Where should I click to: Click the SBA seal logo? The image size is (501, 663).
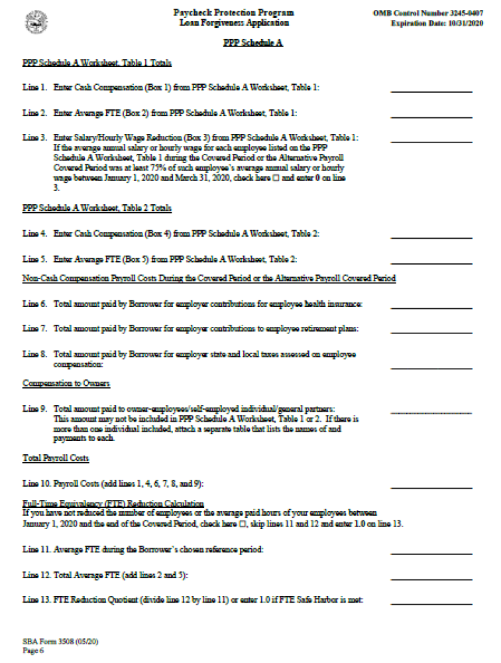[36, 23]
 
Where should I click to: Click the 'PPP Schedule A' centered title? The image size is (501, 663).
[250, 43]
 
